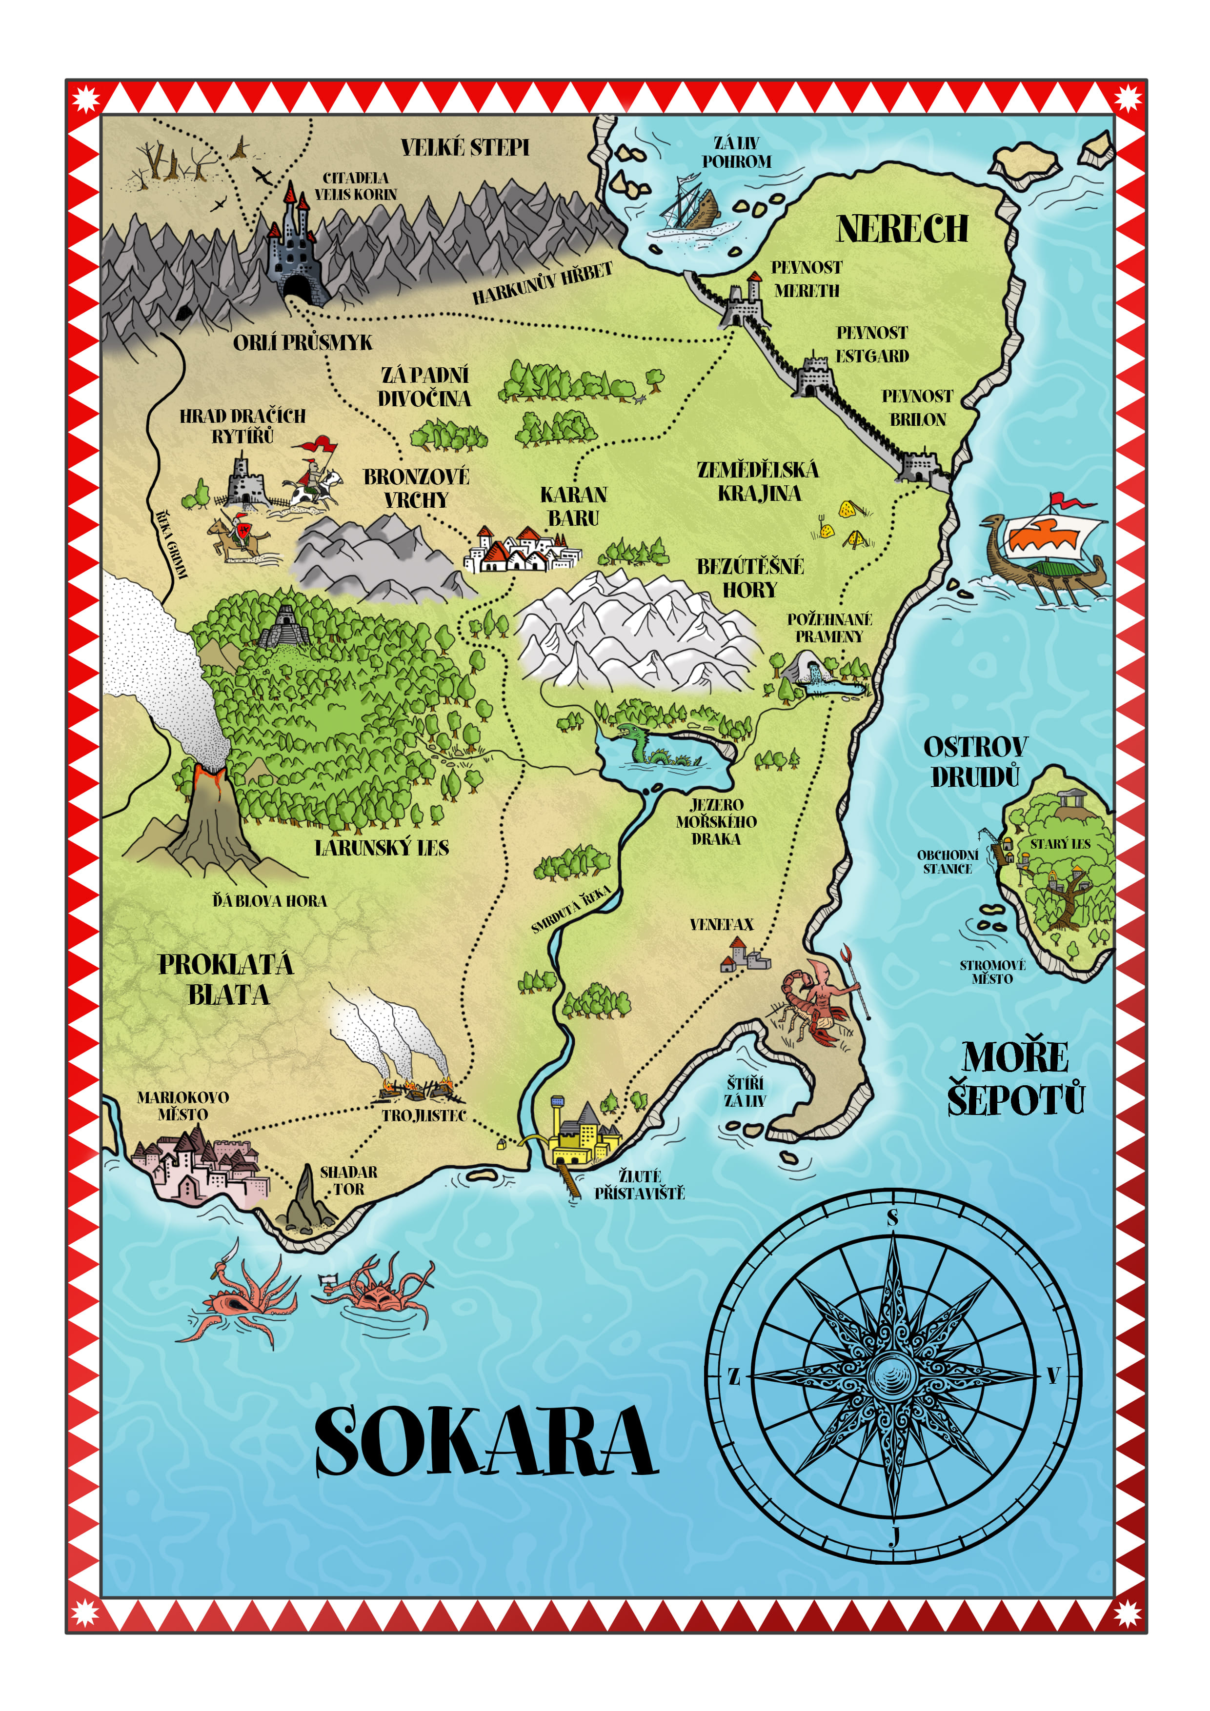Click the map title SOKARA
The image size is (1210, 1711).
tap(486, 1442)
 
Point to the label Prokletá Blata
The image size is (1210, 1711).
tap(226, 980)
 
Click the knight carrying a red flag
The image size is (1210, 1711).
tap(313, 477)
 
